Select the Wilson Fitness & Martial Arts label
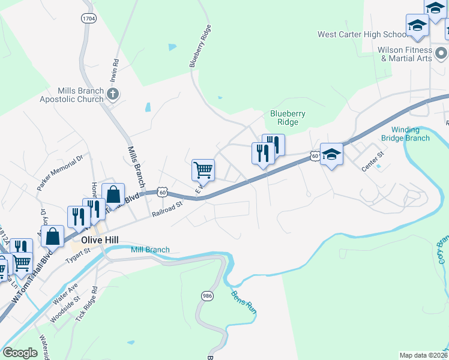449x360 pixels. point(405,54)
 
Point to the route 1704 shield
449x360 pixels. point(88,19)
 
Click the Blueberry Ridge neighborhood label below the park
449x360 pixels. point(288,118)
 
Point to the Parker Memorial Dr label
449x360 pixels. point(60,173)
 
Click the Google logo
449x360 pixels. point(20,352)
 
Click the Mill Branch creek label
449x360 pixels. point(150,250)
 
